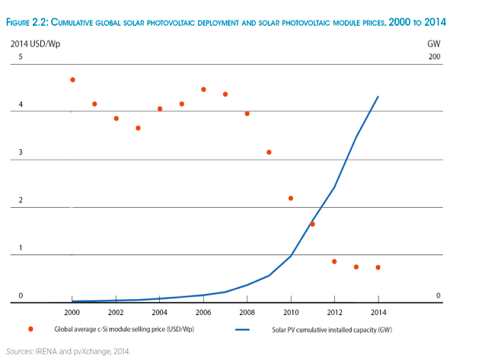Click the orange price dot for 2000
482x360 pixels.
[x=72, y=80]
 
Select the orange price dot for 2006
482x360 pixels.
[x=203, y=90]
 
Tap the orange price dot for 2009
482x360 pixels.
[x=269, y=152]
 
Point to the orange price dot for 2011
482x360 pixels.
[x=312, y=224]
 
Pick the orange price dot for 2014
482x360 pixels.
[x=378, y=267]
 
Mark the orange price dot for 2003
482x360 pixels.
[x=138, y=128]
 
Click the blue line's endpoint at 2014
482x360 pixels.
[x=378, y=97]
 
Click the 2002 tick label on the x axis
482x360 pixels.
[x=116, y=312]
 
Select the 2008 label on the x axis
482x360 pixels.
[x=247, y=312]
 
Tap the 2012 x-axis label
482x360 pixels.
[x=334, y=312]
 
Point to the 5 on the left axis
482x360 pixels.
[x=21, y=58]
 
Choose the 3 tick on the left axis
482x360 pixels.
[x=21, y=153]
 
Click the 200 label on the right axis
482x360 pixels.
[x=435, y=58]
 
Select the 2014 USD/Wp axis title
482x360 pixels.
[x=36, y=43]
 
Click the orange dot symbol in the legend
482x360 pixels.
[x=30, y=330]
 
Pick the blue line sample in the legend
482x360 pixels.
[x=243, y=330]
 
